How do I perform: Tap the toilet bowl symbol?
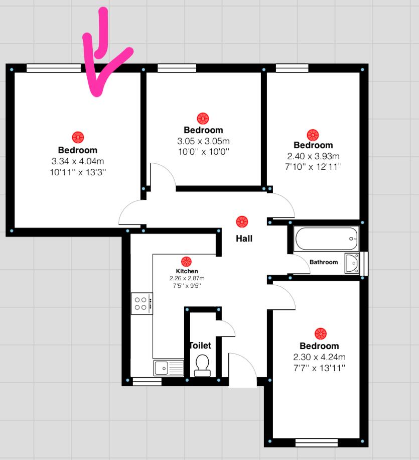click(x=202, y=365)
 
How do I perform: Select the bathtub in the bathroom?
click(x=326, y=239)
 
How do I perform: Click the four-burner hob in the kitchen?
click(x=142, y=303)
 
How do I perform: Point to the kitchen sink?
click(x=168, y=368)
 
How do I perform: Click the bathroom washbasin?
click(x=352, y=263)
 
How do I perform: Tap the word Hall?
click(x=244, y=239)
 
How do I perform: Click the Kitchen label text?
click(x=187, y=271)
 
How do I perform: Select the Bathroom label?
click(x=324, y=262)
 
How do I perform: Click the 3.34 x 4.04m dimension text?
click(x=78, y=161)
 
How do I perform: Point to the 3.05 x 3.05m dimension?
click(x=203, y=141)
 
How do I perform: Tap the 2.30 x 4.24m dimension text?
click(x=319, y=357)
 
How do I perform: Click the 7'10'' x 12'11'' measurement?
click(x=313, y=167)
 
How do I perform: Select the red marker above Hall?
click(x=242, y=222)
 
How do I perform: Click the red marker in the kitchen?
click(x=186, y=262)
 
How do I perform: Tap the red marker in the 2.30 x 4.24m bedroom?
click(x=321, y=334)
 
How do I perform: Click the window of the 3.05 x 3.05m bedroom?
click(x=177, y=68)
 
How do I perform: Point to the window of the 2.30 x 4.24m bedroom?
click(x=316, y=442)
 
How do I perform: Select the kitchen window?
click(x=147, y=382)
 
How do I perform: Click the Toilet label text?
click(x=200, y=346)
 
